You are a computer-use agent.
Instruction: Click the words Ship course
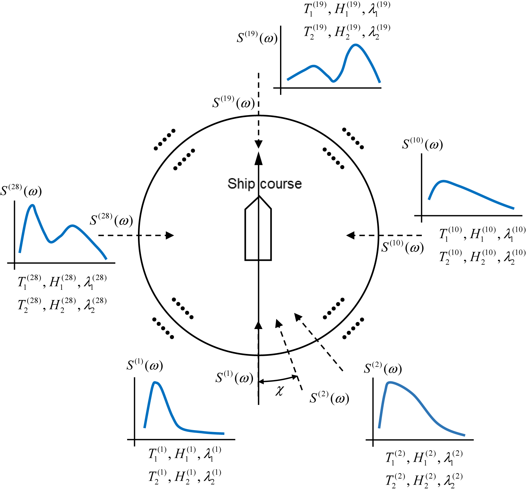click(x=264, y=184)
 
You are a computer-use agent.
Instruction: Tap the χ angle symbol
click(x=279, y=390)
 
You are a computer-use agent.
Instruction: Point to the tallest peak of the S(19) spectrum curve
click(x=355, y=45)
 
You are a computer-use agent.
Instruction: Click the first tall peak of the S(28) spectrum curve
click(x=32, y=206)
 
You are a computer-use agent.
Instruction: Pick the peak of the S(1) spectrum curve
click(x=155, y=383)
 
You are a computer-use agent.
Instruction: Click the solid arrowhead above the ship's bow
click(x=259, y=158)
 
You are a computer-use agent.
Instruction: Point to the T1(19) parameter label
click(x=315, y=8)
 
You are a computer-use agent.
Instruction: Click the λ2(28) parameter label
click(x=95, y=305)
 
